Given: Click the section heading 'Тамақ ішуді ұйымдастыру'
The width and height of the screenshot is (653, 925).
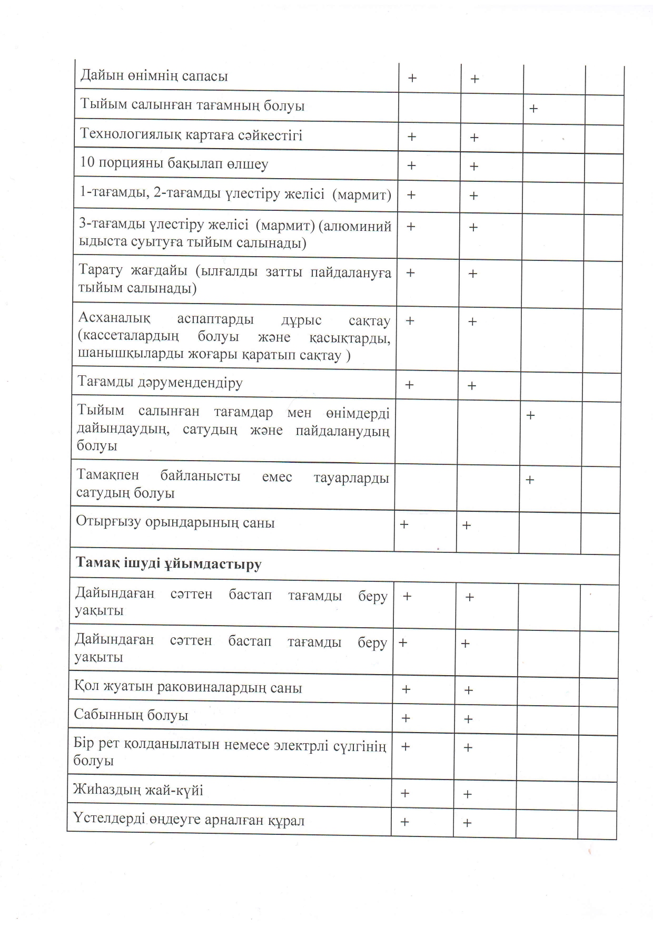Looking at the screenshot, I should coord(169,563).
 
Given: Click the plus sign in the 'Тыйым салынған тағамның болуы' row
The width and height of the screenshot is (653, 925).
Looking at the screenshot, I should coord(533,109).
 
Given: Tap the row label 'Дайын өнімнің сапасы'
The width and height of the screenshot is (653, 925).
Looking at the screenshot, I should coord(154,76).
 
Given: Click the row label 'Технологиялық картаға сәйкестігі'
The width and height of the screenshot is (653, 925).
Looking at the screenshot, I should coord(191,134).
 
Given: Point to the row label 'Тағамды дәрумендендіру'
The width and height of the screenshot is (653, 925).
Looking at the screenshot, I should coord(160,382).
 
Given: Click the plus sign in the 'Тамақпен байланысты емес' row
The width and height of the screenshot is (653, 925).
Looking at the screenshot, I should coord(530,480).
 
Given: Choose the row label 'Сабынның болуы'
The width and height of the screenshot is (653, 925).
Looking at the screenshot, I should coord(131,715).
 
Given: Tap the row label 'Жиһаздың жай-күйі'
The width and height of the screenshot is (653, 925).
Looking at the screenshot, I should coord(138,790).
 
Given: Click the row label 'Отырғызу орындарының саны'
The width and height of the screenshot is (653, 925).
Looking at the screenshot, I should coord(175,523).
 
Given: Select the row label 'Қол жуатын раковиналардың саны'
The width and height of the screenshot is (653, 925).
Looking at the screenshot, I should coord(188,688).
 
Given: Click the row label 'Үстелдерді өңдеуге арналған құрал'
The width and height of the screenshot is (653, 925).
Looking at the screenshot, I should coord(189,820).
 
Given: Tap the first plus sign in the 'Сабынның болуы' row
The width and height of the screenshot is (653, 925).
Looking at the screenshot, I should coord(405,718).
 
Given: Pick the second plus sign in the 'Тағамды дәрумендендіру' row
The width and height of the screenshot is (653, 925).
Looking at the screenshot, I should coord(472,386).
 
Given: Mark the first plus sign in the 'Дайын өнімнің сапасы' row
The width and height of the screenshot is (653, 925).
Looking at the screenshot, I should coord(412,79).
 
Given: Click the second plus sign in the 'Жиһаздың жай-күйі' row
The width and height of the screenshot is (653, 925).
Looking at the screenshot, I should coord(467,794).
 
